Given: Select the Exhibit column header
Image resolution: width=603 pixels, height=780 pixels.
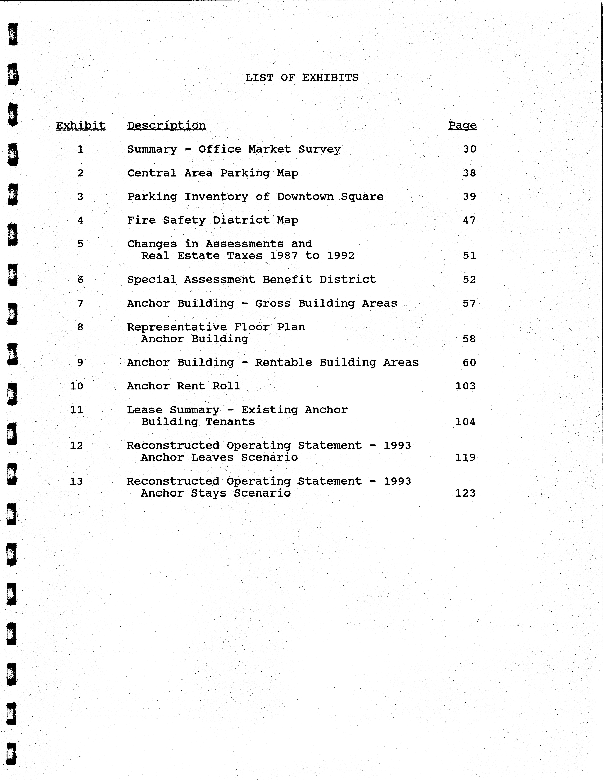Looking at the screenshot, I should [81, 125].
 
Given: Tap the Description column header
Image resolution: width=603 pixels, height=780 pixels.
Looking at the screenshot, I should [167, 125].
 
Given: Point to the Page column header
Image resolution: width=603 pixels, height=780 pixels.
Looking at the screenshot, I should [462, 125].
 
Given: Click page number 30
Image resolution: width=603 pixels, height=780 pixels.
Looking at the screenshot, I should [469, 149].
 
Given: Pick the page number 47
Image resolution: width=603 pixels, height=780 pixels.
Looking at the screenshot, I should [469, 220].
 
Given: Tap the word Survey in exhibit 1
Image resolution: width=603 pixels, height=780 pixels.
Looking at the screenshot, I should [320, 149].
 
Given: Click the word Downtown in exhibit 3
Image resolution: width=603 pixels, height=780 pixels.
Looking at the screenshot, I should [305, 196].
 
